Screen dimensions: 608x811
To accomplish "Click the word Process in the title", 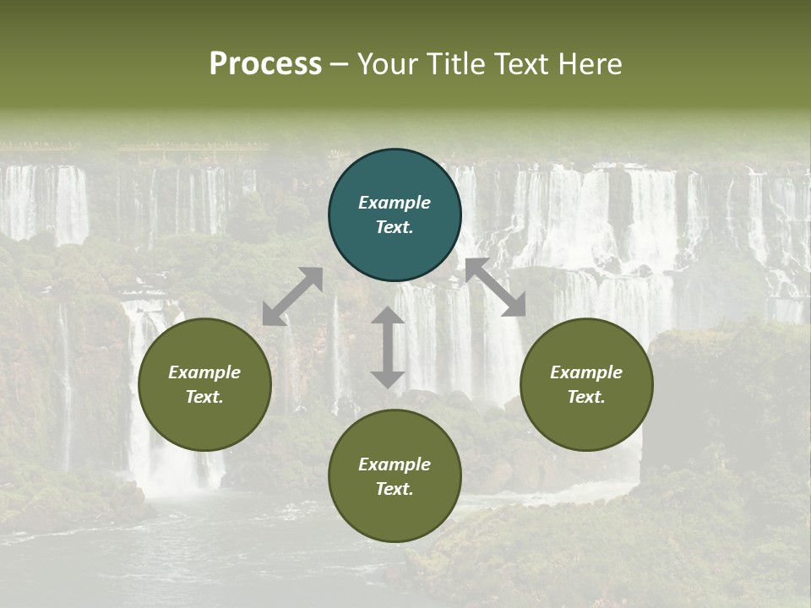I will click(265, 64).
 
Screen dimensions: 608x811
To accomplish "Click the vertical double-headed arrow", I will click(388, 347).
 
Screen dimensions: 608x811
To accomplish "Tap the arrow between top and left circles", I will click(292, 296).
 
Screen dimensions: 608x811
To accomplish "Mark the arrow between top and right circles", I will click(495, 287).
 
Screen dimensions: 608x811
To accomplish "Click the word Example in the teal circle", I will click(395, 203).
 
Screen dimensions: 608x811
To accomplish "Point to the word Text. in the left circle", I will click(204, 397).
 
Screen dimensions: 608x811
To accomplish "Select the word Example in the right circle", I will click(586, 372).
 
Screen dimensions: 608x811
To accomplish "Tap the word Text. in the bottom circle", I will click(395, 489).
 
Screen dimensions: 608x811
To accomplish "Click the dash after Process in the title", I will click(340, 65).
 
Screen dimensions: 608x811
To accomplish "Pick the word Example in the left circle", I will click(204, 372).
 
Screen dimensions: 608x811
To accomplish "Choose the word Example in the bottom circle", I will click(395, 464).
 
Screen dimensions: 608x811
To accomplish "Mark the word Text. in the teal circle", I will click(395, 227).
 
